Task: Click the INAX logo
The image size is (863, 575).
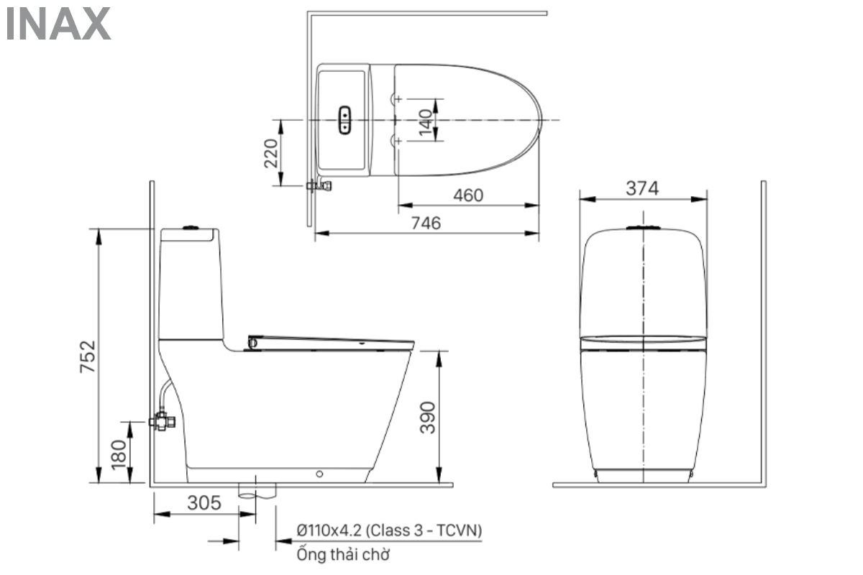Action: [x=58, y=24]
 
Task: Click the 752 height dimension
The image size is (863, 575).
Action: [x=88, y=356]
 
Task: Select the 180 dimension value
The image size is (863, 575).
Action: [x=119, y=452]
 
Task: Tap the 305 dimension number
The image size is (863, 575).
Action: [x=204, y=503]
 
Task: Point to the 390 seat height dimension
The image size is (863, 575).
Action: [x=428, y=417]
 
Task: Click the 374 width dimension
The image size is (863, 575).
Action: [x=642, y=188]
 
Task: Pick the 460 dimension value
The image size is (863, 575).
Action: [x=467, y=195]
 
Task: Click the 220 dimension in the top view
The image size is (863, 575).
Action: [x=270, y=153]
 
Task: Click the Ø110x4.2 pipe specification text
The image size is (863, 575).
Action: [x=389, y=530]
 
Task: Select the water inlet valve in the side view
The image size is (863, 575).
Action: [x=162, y=421]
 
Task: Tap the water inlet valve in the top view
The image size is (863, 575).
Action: [x=319, y=186]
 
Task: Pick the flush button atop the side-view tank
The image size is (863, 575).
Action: [x=190, y=228]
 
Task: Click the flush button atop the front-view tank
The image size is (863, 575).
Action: [x=643, y=229]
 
